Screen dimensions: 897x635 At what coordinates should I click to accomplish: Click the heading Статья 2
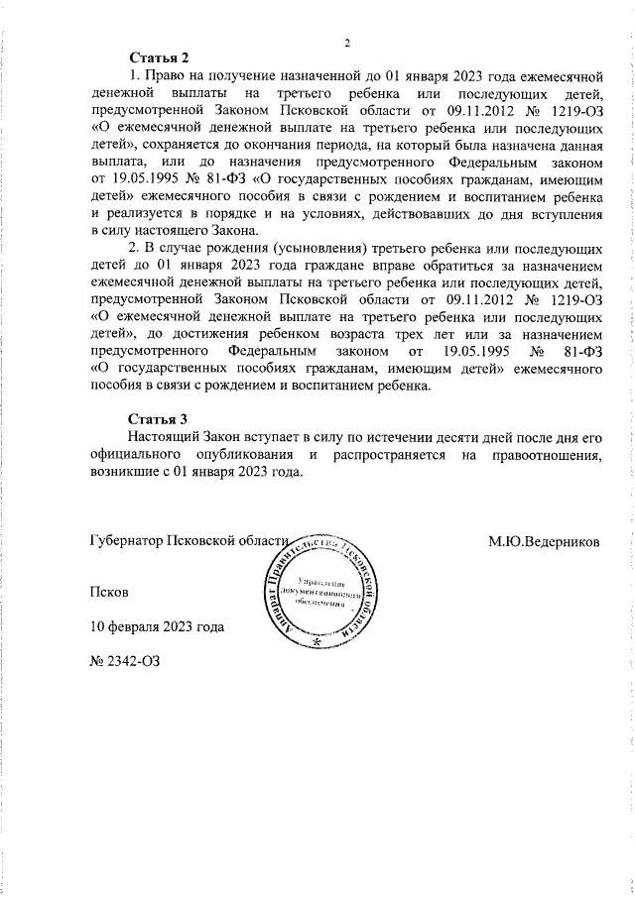pyautogui.click(x=159, y=57)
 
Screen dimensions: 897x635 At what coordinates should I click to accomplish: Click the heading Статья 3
pyautogui.click(x=159, y=418)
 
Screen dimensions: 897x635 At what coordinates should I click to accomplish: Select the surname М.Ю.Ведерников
pyautogui.click(x=550, y=542)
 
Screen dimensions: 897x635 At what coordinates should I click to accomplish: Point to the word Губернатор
pyautogui.click(x=126, y=542)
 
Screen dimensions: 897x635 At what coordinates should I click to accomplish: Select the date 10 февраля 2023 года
pyautogui.click(x=157, y=626)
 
